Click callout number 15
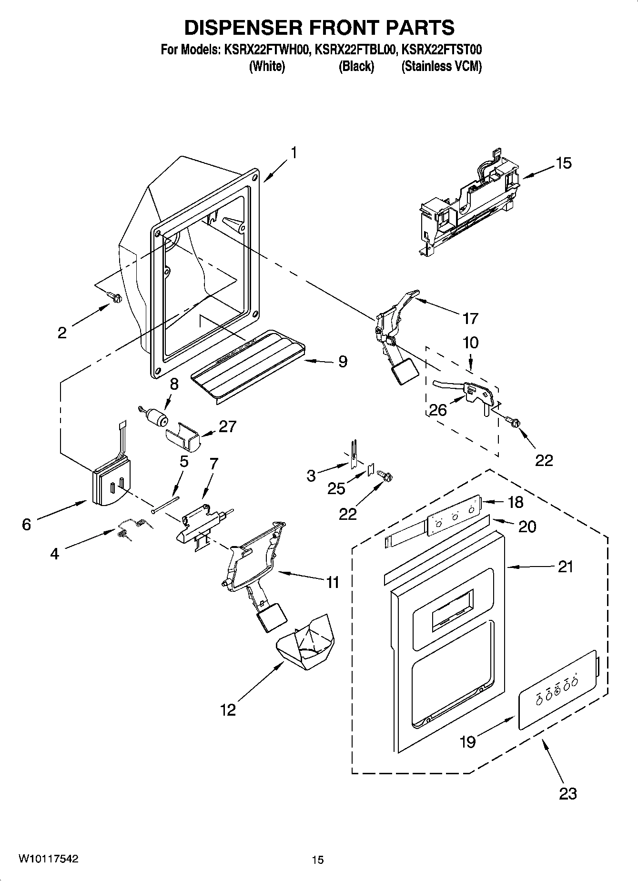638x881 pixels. tap(563, 163)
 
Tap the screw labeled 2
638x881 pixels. tap(115, 297)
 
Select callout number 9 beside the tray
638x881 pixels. tap(342, 362)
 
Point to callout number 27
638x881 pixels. tap(227, 426)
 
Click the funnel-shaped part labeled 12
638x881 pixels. tap(305, 639)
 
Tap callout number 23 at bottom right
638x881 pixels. tap(567, 793)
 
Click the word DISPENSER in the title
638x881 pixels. tap(243, 28)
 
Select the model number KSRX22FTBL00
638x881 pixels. tap(355, 50)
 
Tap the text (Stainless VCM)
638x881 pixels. tap(442, 66)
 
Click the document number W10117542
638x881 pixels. tap(48, 859)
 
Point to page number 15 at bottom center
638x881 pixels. tap(318, 860)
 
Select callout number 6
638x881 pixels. tap(27, 525)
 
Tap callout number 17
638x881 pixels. tap(470, 318)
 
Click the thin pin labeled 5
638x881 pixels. tap(164, 505)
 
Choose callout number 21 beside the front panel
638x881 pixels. tap(565, 567)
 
